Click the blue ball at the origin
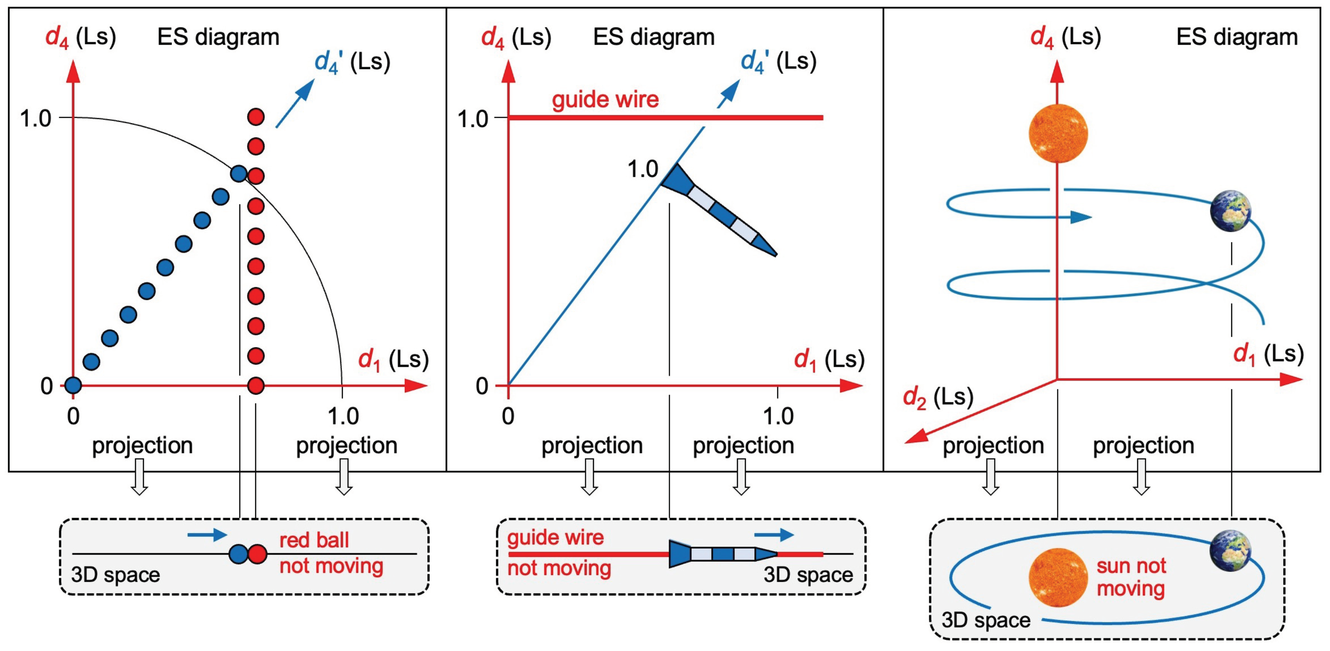point(73,385)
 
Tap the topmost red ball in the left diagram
point(256,116)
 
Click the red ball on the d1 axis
point(256,385)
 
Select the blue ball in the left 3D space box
point(239,554)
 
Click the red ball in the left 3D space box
point(258,554)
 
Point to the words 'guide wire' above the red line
point(605,99)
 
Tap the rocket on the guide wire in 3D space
point(723,554)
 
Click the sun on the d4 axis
point(1058,133)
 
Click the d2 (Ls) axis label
point(938,397)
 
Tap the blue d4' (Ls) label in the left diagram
point(352,62)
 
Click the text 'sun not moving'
point(1131,577)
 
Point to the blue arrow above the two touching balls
point(207,535)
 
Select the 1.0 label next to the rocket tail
point(642,169)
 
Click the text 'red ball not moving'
point(331,553)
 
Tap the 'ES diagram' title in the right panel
point(1236,37)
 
